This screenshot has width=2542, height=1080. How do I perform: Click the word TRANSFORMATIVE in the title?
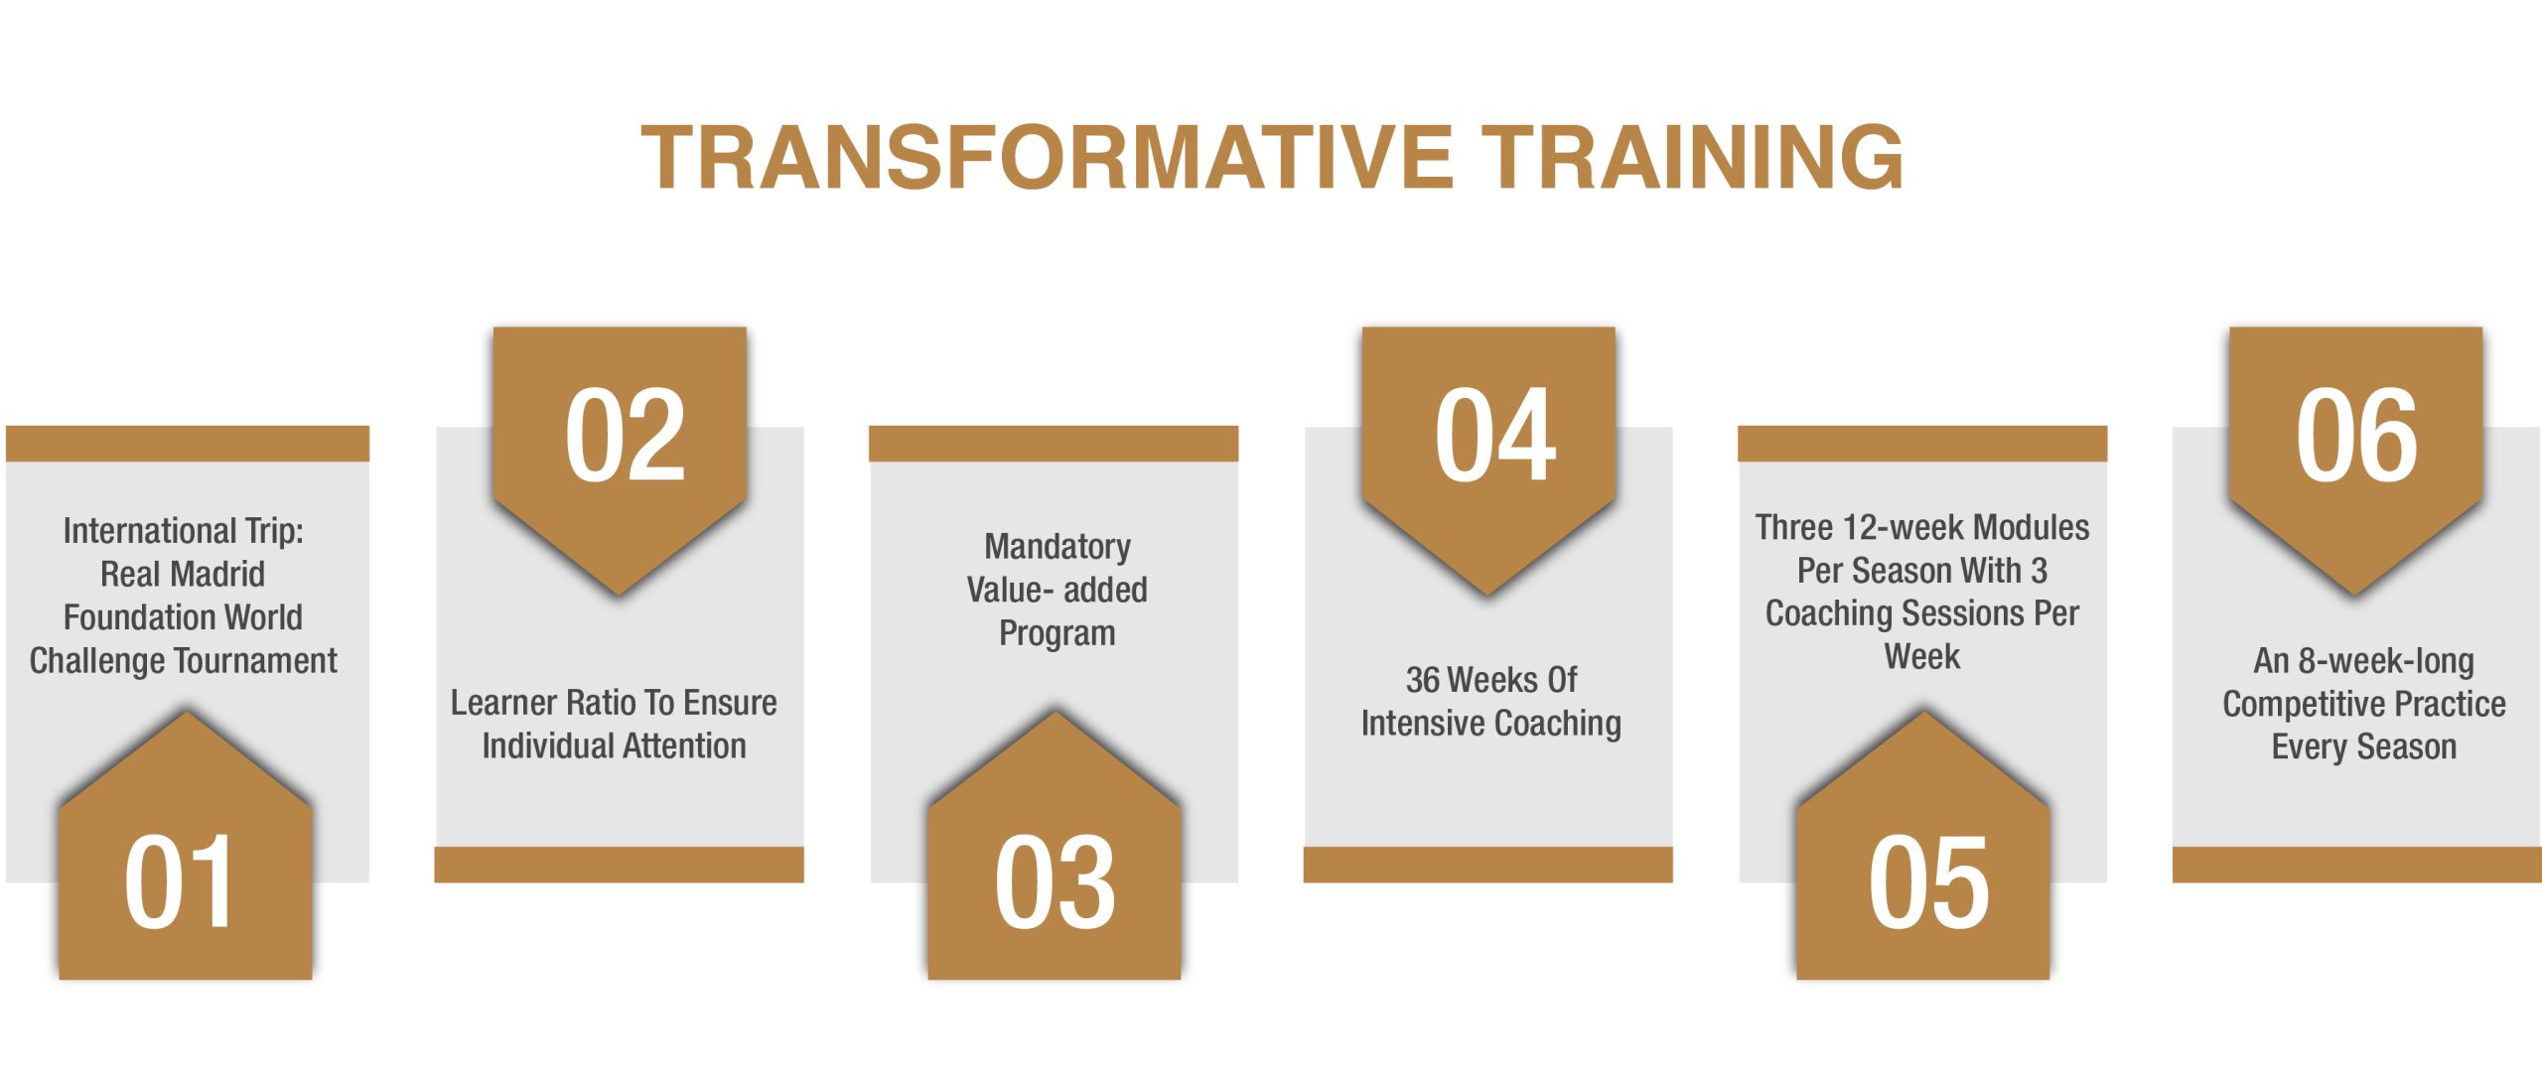tap(1048, 157)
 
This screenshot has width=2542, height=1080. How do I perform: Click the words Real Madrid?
tap(183, 574)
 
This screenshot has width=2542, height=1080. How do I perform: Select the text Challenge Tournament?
tap(184, 661)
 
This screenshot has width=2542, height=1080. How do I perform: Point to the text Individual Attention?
tap(614, 745)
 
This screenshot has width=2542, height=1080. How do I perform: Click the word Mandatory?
tap(1058, 547)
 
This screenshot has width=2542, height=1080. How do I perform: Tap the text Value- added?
tap(1058, 590)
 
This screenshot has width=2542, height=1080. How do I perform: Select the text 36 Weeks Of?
tap(1491, 680)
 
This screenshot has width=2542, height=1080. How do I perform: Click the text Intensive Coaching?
tap(1491, 724)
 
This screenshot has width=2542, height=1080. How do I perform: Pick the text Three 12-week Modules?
tap(1922, 527)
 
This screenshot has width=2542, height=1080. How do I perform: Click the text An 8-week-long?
tap(2364, 661)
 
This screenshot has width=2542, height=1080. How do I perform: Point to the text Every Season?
tap(2364, 746)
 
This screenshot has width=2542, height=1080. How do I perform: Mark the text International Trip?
tap(184, 531)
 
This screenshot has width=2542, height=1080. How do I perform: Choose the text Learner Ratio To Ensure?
tap(614, 703)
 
